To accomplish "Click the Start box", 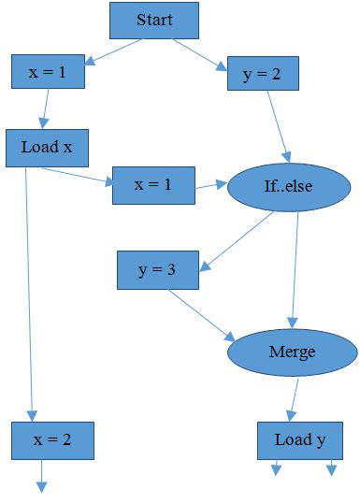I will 154,21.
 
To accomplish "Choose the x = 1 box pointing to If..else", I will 153,185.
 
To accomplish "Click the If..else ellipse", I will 289,186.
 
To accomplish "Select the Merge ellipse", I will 292,352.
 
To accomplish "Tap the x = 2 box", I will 52,439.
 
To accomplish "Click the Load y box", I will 299,440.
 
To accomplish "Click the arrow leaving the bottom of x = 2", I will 41,475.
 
